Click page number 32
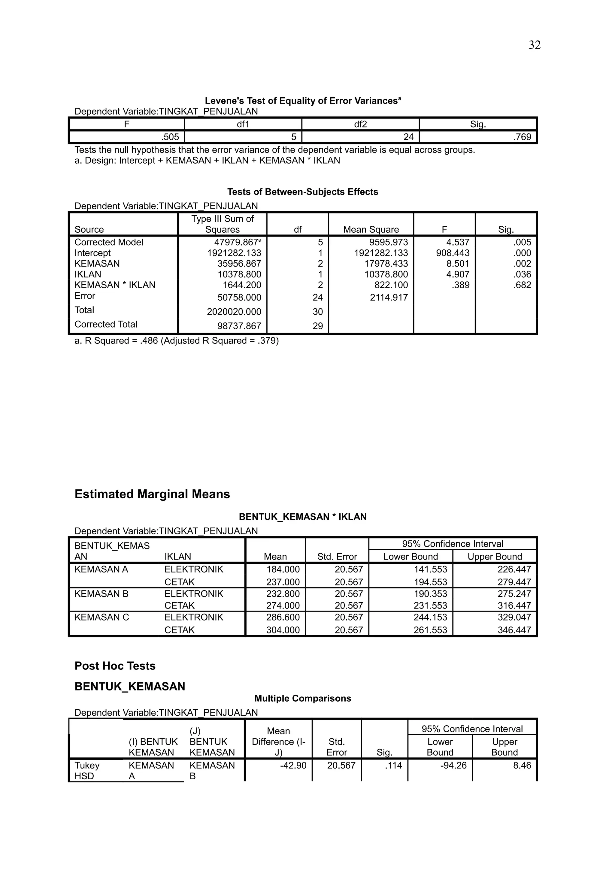click(534, 45)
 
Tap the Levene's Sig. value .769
click(522, 137)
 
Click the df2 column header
click(360, 124)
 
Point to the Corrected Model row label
click(109, 242)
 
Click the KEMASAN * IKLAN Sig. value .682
click(522, 285)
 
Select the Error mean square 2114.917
click(389, 298)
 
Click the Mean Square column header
click(371, 229)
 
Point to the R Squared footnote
click(177, 341)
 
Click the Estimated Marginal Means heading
click(152, 494)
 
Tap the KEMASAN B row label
click(101, 594)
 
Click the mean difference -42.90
click(293, 766)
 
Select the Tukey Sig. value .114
click(393, 766)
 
